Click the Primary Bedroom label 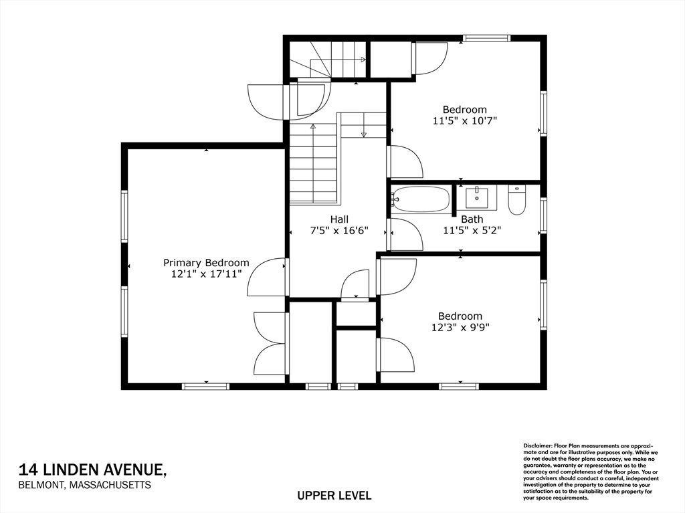(206, 263)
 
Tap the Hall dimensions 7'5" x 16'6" (339, 231)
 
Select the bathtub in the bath (420, 200)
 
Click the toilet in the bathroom (517, 201)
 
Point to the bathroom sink (476, 197)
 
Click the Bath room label (472, 219)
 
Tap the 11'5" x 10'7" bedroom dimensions (465, 120)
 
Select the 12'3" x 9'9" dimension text (460, 327)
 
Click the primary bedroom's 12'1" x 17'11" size (206, 274)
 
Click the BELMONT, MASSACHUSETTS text (85, 485)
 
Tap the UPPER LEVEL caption (334, 496)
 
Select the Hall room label (339, 219)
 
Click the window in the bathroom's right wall (543, 215)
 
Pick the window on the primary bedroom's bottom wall (206, 387)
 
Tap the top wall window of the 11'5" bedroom (487, 38)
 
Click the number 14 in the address (28, 470)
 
